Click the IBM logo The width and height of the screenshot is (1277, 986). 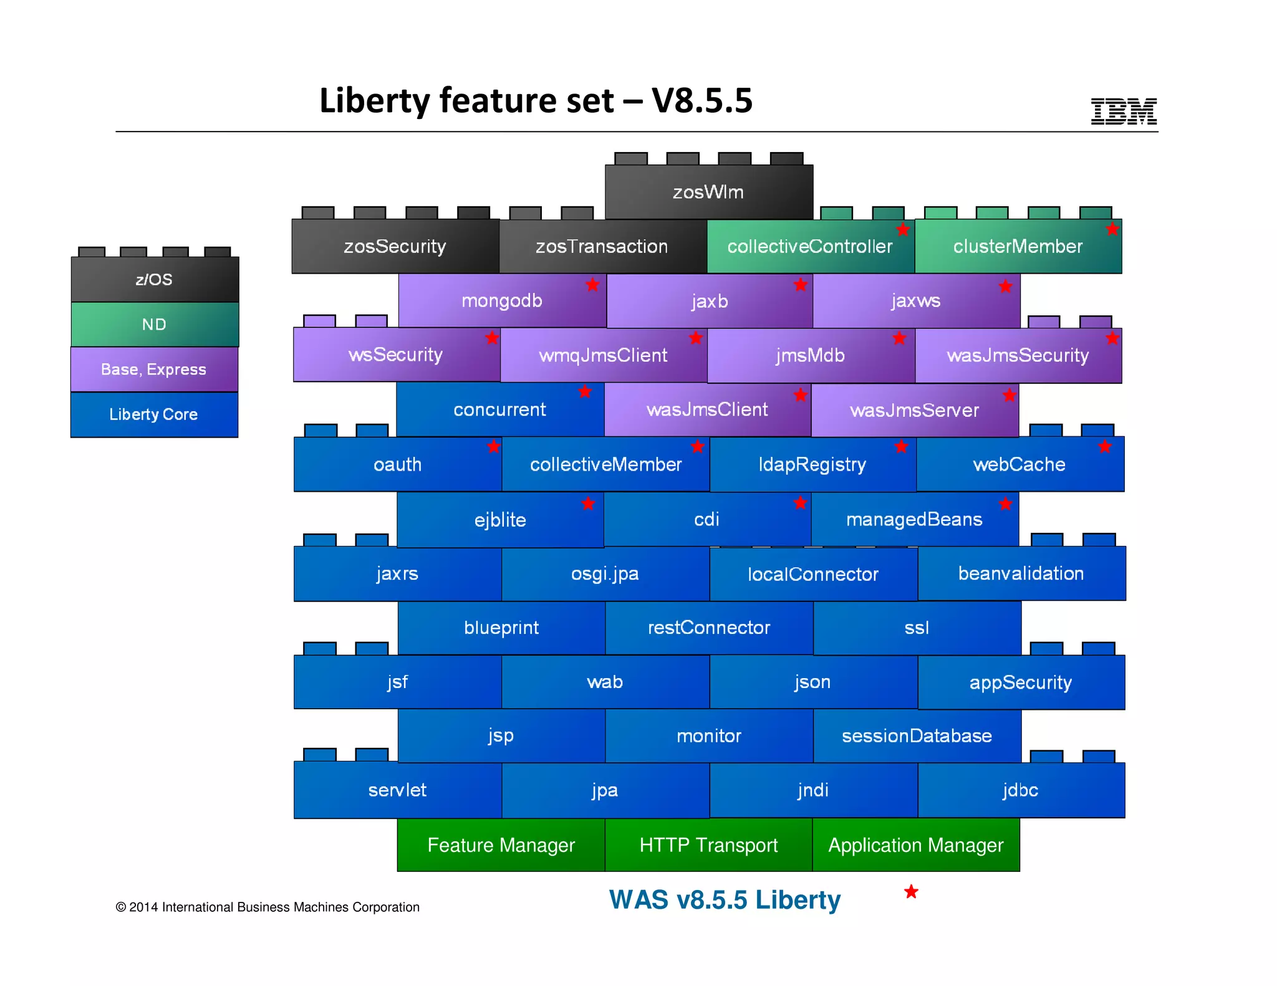tap(1123, 111)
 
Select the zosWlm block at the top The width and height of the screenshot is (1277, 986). tap(708, 192)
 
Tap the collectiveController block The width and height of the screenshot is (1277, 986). tap(809, 246)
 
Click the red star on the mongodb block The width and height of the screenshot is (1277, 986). tap(592, 285)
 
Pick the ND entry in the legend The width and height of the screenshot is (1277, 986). tap(154, 324)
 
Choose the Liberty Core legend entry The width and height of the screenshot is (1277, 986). tap(154, 414)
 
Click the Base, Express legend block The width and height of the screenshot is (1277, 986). tap(154, 369)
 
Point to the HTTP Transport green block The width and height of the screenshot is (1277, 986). tap(708, 845)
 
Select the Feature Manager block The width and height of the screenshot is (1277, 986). tap(501, 845)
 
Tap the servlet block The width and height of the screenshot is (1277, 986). tap(397, 790)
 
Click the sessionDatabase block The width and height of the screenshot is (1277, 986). tap(916, 735)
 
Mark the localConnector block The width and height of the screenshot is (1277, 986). tap(812, 574)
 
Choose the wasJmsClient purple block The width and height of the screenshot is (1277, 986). tap(707, 409)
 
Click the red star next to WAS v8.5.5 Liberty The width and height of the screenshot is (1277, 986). tap(911, 892)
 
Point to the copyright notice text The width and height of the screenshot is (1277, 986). tap(267, 907)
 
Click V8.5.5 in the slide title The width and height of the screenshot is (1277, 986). tap(702, 100)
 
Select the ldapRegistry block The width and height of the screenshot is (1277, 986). tap(812, 464)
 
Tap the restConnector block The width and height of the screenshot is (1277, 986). tap(708, 628)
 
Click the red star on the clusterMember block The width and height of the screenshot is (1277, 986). tap(1112, 229)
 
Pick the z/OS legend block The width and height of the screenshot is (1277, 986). tap(154, 279)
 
